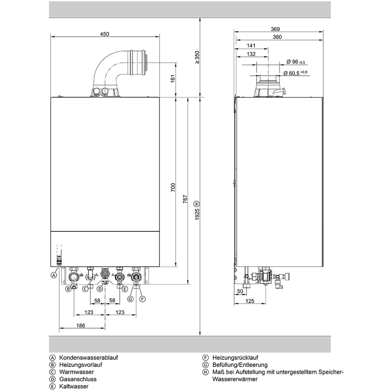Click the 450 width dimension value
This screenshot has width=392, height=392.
[104, 34]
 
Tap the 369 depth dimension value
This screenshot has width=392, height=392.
[275, 29]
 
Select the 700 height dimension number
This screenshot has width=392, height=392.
[173, 188]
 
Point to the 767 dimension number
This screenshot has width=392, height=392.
[185, 200]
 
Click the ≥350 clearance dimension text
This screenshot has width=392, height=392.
[197, 57]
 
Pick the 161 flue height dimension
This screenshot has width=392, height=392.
[173, 79]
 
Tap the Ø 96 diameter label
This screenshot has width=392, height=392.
[296, 62]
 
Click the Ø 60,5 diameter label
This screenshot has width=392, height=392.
[295, 73]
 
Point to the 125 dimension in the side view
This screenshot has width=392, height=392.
[250, 301]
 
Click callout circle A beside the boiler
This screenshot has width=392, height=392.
[54, 275]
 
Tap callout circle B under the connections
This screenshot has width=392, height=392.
[68, 289]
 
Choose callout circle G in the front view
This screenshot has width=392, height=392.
[130, 299]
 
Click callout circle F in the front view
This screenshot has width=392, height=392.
[143, 299]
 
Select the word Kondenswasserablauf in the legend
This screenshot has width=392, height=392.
[89, 358]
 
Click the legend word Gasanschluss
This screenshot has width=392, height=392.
[78, 379]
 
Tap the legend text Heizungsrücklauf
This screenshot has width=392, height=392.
[235, 358]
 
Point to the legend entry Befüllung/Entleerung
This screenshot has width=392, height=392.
[240, 365]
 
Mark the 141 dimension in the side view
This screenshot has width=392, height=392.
[251, 45]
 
